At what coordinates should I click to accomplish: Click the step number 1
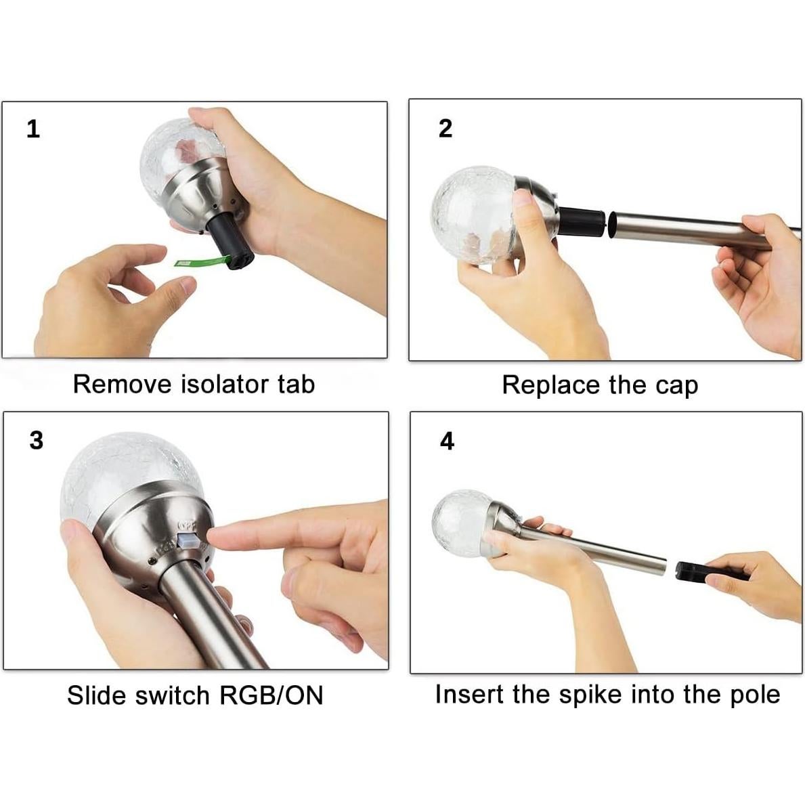coord(33,129)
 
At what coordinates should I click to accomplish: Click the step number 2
coord(445,129)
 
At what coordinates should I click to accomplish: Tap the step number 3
coord(37,441)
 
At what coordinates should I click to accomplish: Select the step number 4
coord(447,441)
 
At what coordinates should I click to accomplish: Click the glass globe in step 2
coord(473,215)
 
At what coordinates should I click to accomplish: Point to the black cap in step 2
coord(582,221)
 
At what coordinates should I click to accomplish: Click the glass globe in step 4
coord(461,523)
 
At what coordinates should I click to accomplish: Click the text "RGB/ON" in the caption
coord(271,695)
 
